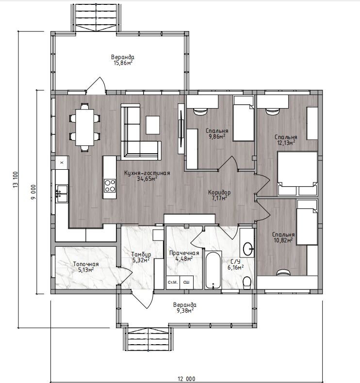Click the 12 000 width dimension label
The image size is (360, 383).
tap(186, 379)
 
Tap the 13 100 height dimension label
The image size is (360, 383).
tap(16, 180)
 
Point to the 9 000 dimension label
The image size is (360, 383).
tap(33, 192)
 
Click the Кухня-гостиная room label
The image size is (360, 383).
tap(147, 173)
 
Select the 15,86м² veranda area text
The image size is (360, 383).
tap(123, 63)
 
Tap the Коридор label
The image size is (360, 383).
tap(219, 192)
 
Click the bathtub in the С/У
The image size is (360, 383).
tap(213, 270)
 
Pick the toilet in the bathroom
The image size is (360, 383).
tap(247, 283)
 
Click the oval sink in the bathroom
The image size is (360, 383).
tap(248, 249)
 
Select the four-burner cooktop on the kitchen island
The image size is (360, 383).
tap(110, 186)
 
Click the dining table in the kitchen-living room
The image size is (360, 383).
tap(84, 127)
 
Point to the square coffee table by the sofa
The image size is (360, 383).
tap(153, 125)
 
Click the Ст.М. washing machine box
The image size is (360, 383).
tap(173, 282)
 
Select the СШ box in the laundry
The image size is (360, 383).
tap(186, 282)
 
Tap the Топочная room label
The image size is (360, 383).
tap(86, 264)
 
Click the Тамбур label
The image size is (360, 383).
tap(141, 254)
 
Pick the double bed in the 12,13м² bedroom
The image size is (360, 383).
tap(297, 174)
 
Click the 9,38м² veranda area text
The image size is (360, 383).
tap(184, 311)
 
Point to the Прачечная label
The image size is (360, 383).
tap(184, 253)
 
